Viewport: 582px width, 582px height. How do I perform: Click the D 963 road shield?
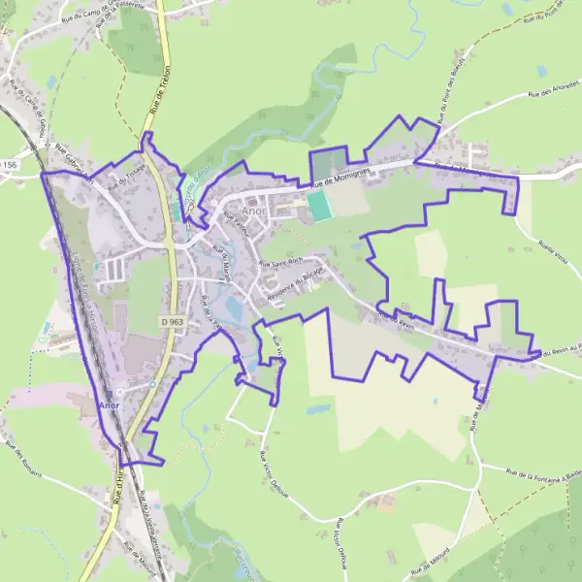(173, 321)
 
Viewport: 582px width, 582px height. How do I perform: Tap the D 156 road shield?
(9, 166)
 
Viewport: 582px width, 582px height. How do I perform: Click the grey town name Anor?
(253, 210)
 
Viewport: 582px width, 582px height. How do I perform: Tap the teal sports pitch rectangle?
(318, 205)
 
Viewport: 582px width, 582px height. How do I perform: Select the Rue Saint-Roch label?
(282, 262)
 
